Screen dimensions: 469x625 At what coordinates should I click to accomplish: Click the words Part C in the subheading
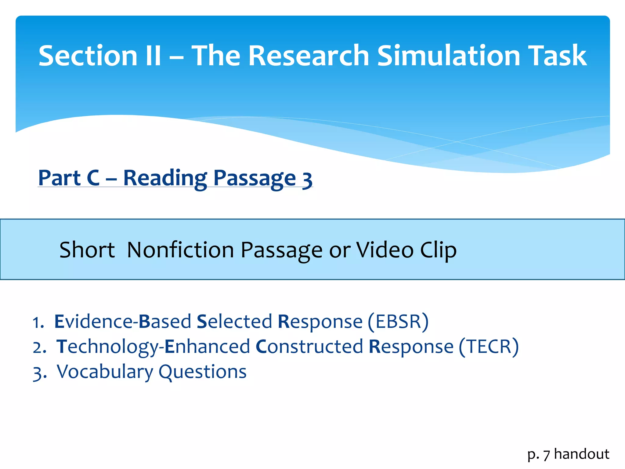pyautogui.click(x=69, y=178)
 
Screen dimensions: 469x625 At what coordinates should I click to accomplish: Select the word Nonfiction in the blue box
pyautogui.click(x=180, y=250)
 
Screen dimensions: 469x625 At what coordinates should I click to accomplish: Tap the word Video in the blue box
pyautogui.click(x=385, y=250)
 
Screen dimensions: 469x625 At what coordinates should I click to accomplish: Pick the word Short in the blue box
pyautogui.click(x=87, y=250)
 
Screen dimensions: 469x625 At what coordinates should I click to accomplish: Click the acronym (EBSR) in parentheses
pyautogui.click(x=398, y=322)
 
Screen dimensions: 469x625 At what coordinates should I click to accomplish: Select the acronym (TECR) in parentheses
pyautogui.click(x=489, y=347)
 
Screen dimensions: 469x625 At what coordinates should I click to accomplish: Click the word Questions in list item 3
pyautogui.click(x=203, y=372)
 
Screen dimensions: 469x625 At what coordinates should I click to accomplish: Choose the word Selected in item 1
pyautogui.click(x=234, y=322)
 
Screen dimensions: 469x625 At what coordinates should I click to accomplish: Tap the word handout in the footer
pyautogui.click(x=581, y=454)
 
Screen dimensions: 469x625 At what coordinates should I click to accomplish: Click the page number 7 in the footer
pyautogui.click(x=546, y=455)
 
